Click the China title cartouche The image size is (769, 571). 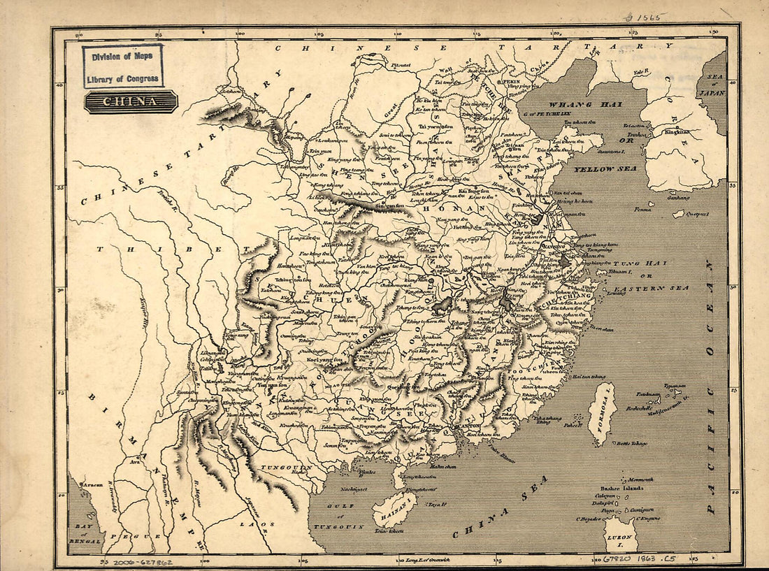click(131, 102)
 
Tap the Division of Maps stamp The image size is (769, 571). click(123, 66)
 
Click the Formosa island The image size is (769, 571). click(601, 413)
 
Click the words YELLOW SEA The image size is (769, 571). click(605, 169)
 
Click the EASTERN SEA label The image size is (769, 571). click(651, 288)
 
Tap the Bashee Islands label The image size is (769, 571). click(622, 488)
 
